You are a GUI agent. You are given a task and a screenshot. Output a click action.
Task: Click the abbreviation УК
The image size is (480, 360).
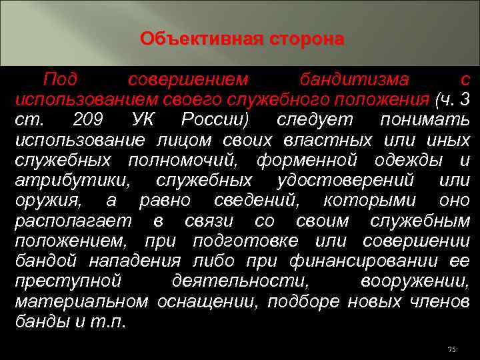click(x=146, y=121)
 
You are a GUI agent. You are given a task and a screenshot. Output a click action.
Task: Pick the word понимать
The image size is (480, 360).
click(x=424, y=121)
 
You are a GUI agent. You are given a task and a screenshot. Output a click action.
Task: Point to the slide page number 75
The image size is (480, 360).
click(x=451, y=349)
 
